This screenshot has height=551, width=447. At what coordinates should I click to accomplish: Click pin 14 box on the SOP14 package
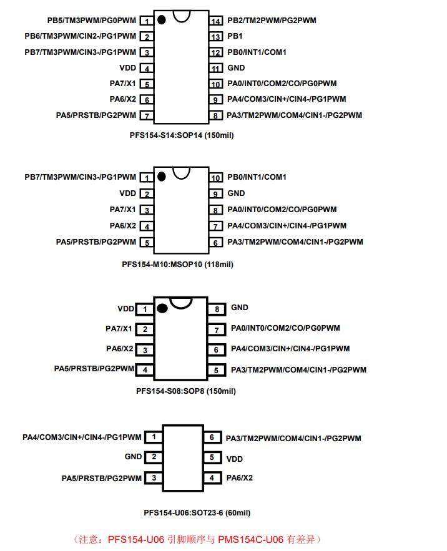tap(216, 21)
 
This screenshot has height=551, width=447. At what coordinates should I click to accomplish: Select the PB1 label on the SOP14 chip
tap(235, 37)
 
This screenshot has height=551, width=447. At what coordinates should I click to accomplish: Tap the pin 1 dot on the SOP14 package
tap(162, 20)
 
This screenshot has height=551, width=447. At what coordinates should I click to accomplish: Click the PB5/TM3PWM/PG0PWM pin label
tap(92, 21)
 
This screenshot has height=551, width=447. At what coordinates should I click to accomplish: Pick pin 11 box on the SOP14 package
tap(216, 69)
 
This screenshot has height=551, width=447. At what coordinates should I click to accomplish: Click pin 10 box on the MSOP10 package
tap(216, 178)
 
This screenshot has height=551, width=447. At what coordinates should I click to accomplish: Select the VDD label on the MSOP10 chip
tap(127, 193)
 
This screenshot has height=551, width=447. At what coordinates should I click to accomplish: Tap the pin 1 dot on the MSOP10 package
tap(162, 177)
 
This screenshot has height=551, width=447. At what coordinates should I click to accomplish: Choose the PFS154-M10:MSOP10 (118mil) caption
tap(177, 265)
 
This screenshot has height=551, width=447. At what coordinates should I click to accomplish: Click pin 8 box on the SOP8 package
tap(216, 309)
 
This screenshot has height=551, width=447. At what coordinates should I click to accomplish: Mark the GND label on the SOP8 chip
tap(240, 308)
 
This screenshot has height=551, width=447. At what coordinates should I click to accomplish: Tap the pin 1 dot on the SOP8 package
tap(162, 308)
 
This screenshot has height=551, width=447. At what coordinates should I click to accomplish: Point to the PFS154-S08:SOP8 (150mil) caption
tap(185, 391)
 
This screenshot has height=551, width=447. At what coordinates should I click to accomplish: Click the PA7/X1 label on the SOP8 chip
tap(119, 329)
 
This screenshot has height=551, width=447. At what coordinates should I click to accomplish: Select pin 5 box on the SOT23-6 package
tap(212, 458)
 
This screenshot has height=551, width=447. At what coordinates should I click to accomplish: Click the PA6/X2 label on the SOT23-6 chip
tap(239, 478)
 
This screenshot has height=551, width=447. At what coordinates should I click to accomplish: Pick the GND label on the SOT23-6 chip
tap(133, 457)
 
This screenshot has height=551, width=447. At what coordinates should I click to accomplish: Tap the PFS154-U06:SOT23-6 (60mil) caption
tap(197, 513)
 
